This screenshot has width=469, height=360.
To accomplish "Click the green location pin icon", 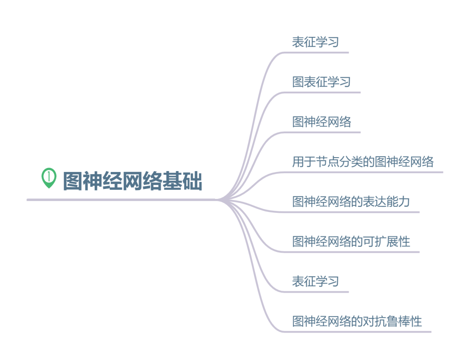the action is (x=49, y=178).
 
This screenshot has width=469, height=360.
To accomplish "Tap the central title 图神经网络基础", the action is (x=132, y=181).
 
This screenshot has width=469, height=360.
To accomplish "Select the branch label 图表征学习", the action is (x=321, y=82).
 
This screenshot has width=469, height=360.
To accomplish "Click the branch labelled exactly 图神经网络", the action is (x=321, y=122).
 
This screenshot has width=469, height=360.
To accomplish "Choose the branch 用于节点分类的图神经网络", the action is (x=363, y=162).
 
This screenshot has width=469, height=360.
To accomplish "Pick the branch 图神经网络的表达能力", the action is (x=351, y=201).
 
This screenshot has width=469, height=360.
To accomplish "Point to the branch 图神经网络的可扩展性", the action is (x=351, y=241).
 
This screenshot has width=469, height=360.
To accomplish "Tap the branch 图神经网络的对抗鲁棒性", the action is (x=357, y=321).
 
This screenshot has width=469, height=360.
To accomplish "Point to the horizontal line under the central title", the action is (x=122, y=200).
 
